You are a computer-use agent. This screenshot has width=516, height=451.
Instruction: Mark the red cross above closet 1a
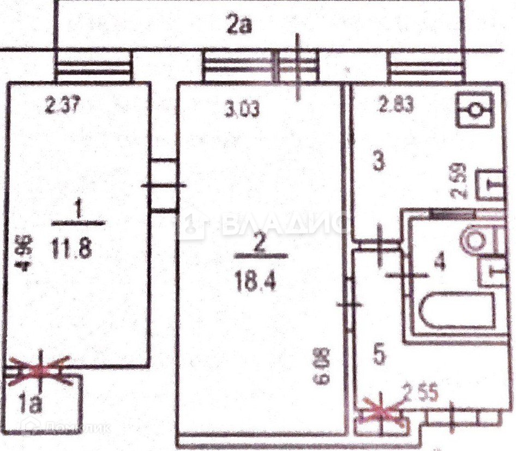(x=39, y=371)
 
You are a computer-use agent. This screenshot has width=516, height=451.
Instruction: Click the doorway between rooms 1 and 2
(x=163, y=186)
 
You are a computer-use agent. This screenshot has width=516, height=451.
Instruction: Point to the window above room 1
(x=93, y=66)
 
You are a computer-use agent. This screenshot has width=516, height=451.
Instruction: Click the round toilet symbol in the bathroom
(x=472, y=239)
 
